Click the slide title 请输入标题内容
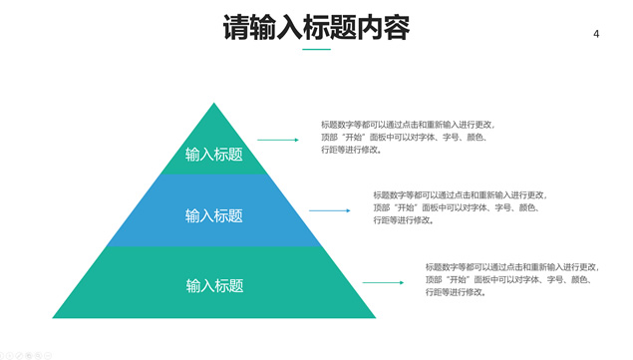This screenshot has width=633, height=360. pyautogui.click(x=316, y=27)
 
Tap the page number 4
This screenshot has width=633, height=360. pyautogui.click(x=596, y=34)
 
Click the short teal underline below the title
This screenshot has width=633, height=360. pyautogui.click(x=316, y=49)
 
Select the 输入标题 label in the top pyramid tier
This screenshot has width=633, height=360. pyautogui.click(x=213, y=154)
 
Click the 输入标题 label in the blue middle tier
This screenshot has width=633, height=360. pyautogui.click(x=213, y=215)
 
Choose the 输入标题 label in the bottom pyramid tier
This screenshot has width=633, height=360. pyautogui.click(x=214, y=285)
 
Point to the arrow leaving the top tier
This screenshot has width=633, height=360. pyautogui.click(x=278, y=141)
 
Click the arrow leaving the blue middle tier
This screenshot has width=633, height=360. pyautogui.click(x=329, y=210)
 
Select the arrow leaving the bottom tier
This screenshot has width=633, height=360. pyautogui.click(x=383, y=282)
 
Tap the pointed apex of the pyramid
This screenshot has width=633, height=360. pyautogui.click(x=213, y=105)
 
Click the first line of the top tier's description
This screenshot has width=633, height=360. pyautogui.click(x=407, y=125)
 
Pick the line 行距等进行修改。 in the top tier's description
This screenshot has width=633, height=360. pyautogui.click(x=351, y=150)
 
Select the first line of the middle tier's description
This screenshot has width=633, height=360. pyautogui.click(x=460, y=195)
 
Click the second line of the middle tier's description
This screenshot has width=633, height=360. pyautogui.click(x=456, y=207)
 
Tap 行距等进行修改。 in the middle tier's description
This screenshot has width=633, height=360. pyautogui.click(x=404, y=220)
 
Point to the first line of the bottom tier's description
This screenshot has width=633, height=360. pyautogui.click(x=511, y=267)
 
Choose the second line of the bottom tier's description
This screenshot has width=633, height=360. pyautogui.click(x=507, y=280)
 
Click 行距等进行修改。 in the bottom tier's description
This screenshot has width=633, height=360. pyautogui.click(x=456, y=292)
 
